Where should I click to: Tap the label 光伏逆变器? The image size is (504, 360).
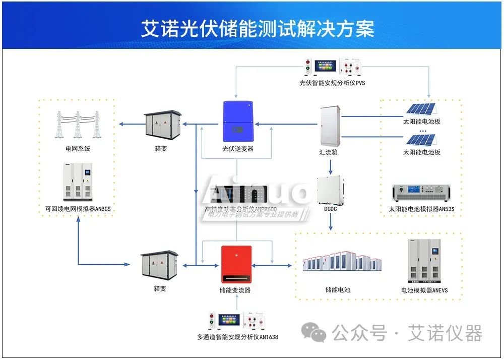pos(237,149)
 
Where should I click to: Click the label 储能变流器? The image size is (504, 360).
pos(235,290)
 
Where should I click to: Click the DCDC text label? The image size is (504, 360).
pos(331,208)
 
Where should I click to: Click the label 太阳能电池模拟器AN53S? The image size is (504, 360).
pos(421,209)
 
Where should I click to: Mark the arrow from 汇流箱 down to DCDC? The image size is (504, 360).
pos(331,166)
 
